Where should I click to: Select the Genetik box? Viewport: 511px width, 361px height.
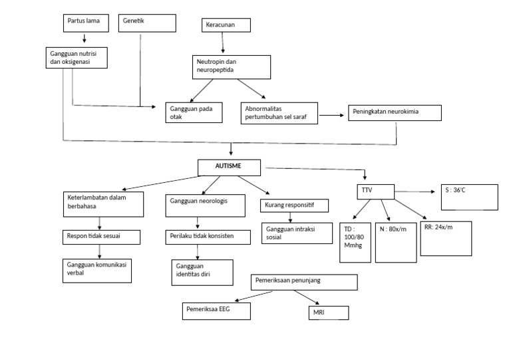click(147, 23)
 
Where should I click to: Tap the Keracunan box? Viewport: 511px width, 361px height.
click(227, 25)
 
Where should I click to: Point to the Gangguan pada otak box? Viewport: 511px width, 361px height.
click(194, 112)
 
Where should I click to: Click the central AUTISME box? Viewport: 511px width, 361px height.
click(228, 166)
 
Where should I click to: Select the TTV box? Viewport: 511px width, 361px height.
click(375, 191)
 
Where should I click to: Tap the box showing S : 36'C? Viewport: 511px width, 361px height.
click(469, 197)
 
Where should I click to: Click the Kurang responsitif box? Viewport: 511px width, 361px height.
click(293, 205)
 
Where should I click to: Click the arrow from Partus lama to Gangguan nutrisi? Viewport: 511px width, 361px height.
click(83, 39)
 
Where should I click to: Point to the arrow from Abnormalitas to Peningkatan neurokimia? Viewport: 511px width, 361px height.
click(329, 115)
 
